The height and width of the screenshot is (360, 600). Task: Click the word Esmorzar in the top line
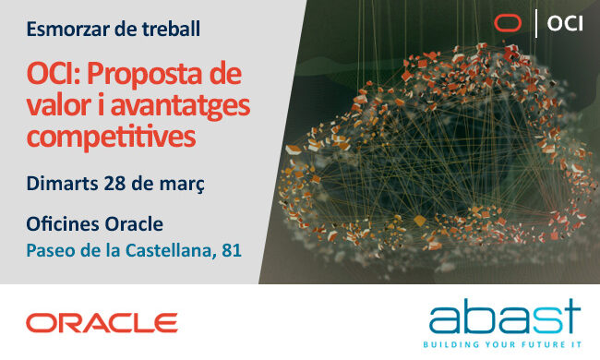[64, 29]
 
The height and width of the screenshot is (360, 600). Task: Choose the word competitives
[111, 137]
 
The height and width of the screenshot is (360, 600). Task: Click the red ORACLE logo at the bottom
[102, 322]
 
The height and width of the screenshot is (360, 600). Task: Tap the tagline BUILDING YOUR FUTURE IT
[504, 345]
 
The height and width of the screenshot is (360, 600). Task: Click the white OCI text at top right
[565, 23]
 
